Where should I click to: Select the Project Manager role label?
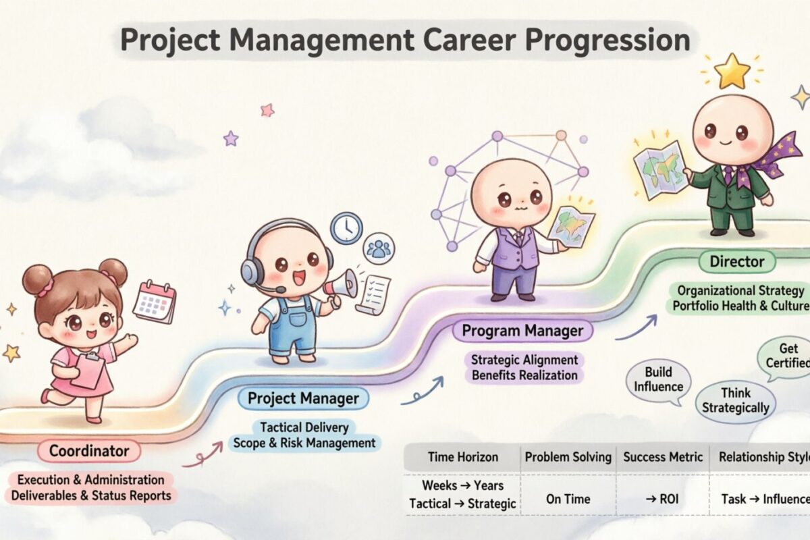(x=303, y=398)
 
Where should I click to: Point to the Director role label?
(x=736, y=261)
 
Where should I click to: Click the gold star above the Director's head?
(x=733, y=72)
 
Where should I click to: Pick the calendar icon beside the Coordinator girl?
(x=155, y=302)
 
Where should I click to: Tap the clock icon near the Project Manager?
(x=346, y=228)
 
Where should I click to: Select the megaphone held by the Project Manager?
(x=341, y=283)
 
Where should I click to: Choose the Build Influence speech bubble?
(x=658, y=380)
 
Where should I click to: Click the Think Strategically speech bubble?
(x=735, y=400)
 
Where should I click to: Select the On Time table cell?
(x=568, y=500)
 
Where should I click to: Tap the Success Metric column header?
(x=662, y=457)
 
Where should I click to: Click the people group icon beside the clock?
(x=379, y=248)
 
